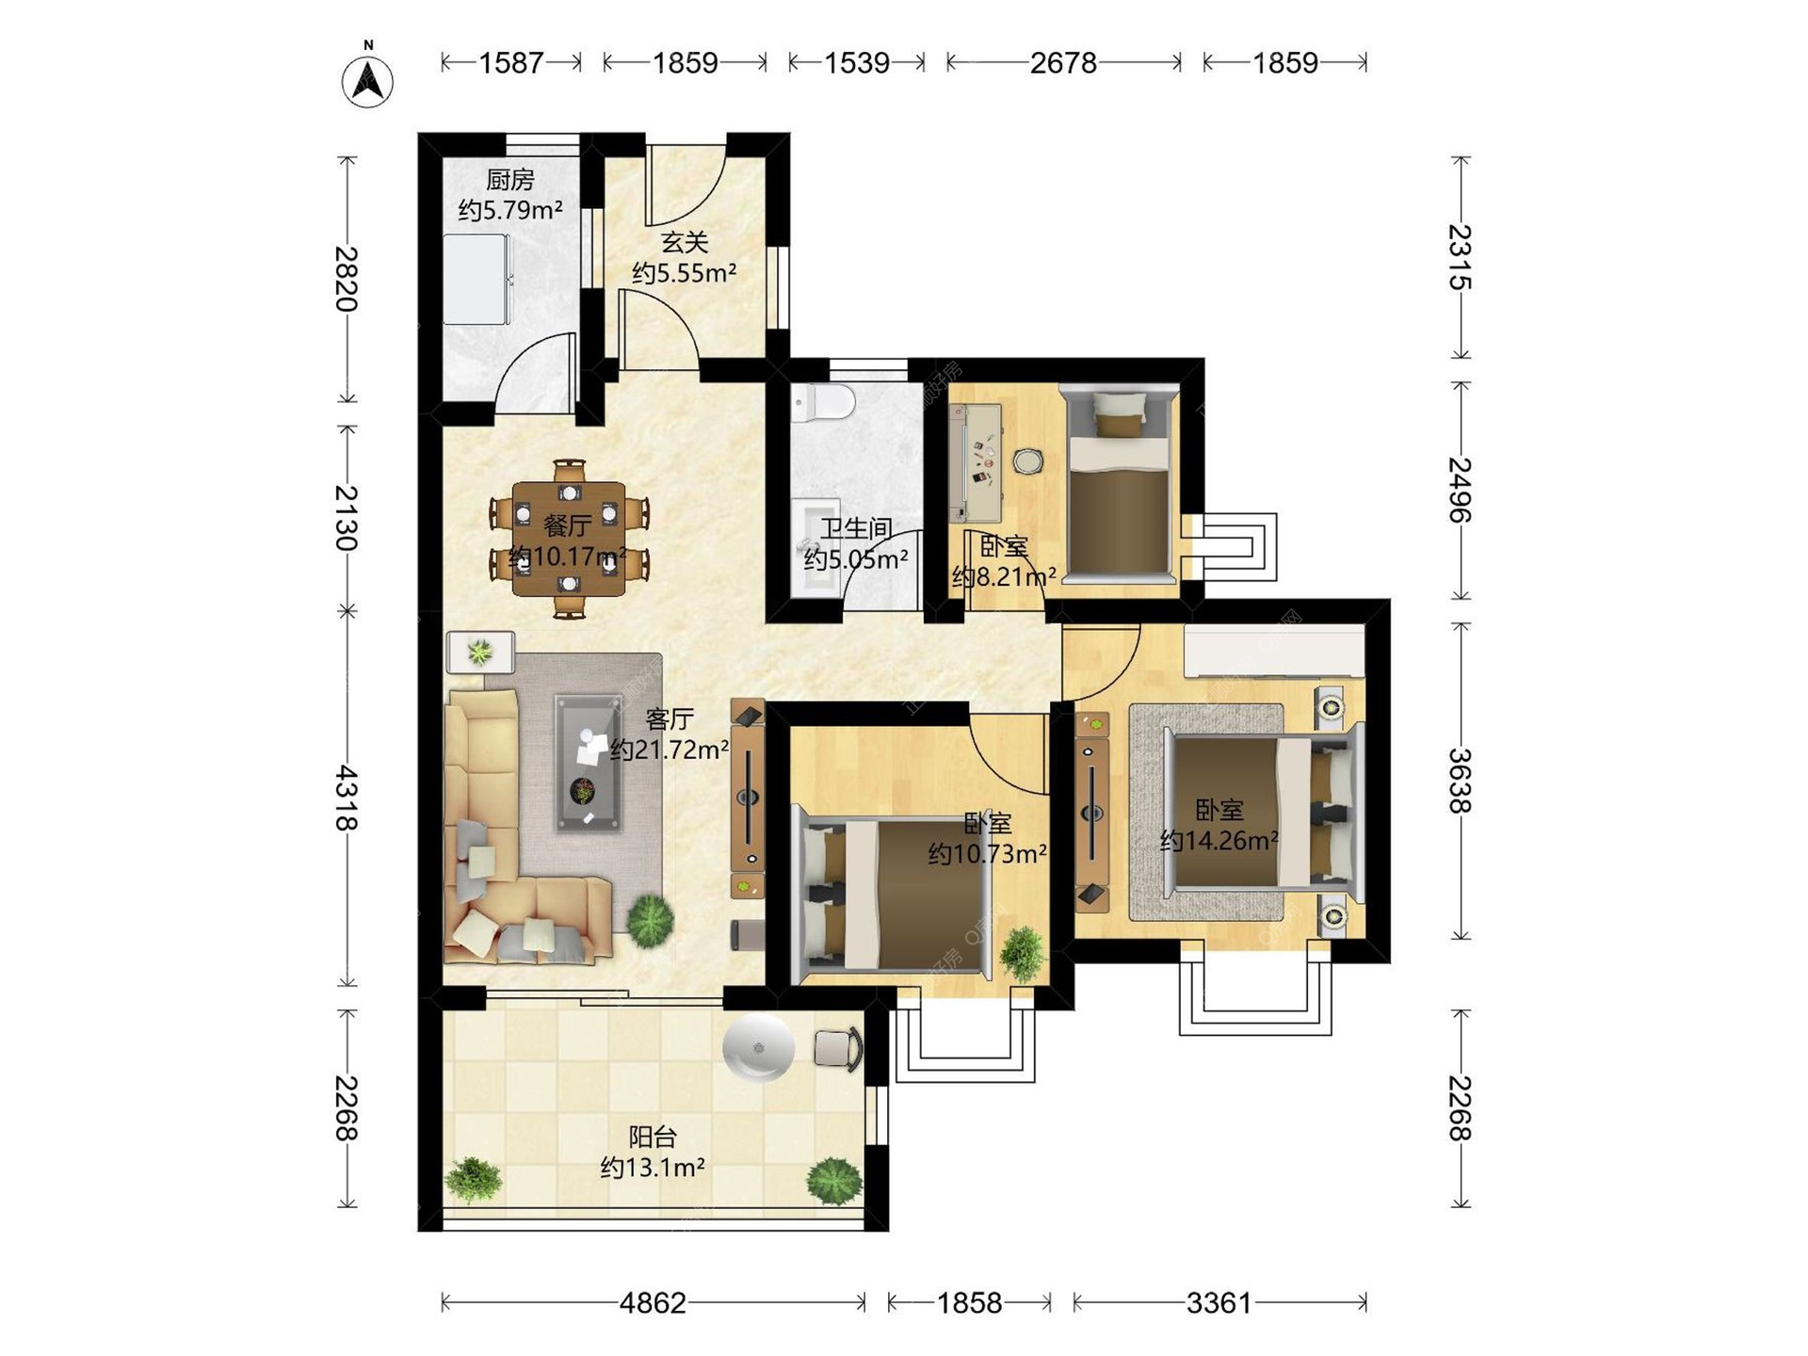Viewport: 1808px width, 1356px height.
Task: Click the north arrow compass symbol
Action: (367, 80)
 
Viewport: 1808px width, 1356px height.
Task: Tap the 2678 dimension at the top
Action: (1063, 63)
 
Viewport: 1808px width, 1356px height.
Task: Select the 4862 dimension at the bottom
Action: (653, 1303)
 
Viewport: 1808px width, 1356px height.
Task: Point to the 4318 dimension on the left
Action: (347, 798)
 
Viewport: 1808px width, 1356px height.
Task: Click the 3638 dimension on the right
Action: (1460, 781)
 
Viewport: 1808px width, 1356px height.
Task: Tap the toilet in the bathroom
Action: (822, 403)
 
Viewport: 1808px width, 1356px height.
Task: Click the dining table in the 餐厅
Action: (569, 539)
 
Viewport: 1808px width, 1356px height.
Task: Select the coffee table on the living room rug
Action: (588, 763)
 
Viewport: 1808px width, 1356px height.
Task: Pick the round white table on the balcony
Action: (758, 1046)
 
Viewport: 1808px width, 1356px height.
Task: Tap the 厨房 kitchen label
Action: (510, 179)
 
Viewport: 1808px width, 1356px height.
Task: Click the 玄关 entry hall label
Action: (685, 242)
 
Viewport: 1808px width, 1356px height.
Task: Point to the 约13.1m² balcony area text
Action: (654, 1168)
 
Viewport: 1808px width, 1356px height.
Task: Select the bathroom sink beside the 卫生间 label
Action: (815, 546)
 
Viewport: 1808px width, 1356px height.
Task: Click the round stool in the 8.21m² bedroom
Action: (1028, 461)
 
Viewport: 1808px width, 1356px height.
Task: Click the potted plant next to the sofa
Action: (651, 920)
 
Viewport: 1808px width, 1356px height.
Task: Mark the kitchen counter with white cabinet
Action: (477, 278)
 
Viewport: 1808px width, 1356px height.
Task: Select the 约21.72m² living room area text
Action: (670, 751)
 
